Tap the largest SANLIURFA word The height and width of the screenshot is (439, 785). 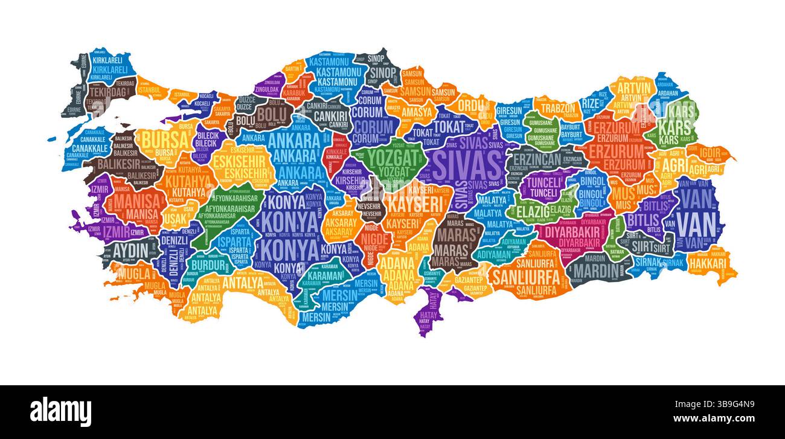point(523,277)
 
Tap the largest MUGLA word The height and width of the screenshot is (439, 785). point(133,274)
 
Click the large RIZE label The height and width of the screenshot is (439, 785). point(591,103)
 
